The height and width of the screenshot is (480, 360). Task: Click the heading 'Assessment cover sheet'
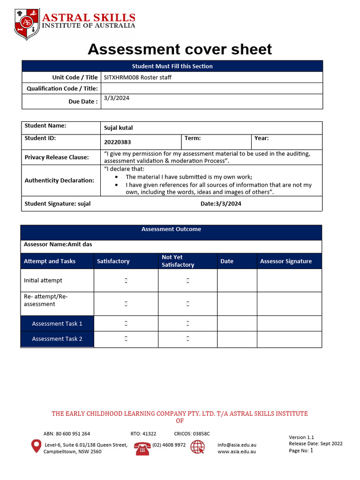coord(180,49)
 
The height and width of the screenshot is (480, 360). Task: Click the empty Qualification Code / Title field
coord(211,88)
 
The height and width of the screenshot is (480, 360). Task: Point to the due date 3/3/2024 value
coord(117,98)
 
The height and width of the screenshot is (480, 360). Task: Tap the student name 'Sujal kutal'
coord(118,128)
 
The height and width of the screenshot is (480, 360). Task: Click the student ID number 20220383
coord(117,142)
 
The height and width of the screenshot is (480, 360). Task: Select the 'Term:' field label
coord(193,138)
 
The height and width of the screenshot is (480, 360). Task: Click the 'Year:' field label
coord(262,138)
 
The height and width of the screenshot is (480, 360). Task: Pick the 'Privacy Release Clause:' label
coord(57,157)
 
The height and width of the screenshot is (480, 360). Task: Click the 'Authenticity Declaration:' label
coord(60,180)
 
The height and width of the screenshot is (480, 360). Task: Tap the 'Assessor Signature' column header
coord(285,261)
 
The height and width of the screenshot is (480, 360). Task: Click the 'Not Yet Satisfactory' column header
coord(178,261)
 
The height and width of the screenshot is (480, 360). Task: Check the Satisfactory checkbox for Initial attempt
coord(126,281)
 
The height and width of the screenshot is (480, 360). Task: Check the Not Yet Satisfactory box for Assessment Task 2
coord(187,339)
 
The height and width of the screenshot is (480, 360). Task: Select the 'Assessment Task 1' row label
coord(57,323)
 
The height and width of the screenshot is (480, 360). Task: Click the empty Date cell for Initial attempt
coord(237,280)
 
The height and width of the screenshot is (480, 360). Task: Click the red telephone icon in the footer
coord(142,448)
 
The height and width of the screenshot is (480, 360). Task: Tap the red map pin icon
coord(36,446)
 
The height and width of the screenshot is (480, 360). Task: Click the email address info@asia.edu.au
coord(237,445)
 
